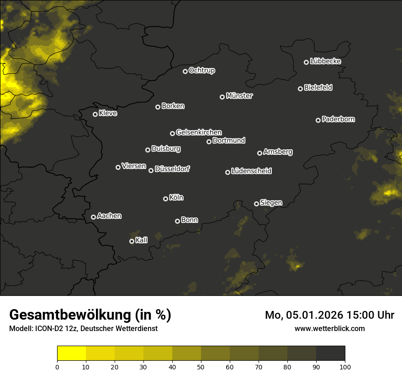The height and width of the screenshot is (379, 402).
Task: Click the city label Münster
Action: click(x=239, y=96)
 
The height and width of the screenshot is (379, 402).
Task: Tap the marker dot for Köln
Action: click(x=165, y=199)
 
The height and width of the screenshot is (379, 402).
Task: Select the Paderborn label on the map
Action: click(x=338, y=119)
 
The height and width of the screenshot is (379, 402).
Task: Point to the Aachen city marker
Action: click(x=93, y=217)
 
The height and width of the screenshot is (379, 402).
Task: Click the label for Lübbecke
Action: click(x=325, y=61)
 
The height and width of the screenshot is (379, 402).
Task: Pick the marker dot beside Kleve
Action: click(x=95, y=114)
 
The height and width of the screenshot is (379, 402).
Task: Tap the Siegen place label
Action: click(x=271, y=203)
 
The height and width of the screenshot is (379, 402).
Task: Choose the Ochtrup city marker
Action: click(x=185, y=71)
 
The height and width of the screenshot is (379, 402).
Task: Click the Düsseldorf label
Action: click(x=172, y=169)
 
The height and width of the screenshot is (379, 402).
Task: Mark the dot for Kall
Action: click(x=132, y=241)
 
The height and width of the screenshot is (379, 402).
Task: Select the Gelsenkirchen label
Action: click(x=199, y=132)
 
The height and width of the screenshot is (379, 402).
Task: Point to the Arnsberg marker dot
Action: click(x=259, y=153)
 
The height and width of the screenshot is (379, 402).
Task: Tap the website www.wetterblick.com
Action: click(x=329, y=328)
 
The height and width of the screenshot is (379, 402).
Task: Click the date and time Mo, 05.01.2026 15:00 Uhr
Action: click(x=329, y=315)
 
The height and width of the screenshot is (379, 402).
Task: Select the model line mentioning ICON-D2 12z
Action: click(x=83, y=329)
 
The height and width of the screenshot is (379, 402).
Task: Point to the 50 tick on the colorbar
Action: click(x=201, y=366)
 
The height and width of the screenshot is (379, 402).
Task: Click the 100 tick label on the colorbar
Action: click(x=345, y=366)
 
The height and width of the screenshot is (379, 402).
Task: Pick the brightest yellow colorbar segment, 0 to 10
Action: click(x=72, y=353)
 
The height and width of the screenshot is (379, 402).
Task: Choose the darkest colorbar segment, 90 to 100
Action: click(x=330, y=353)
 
